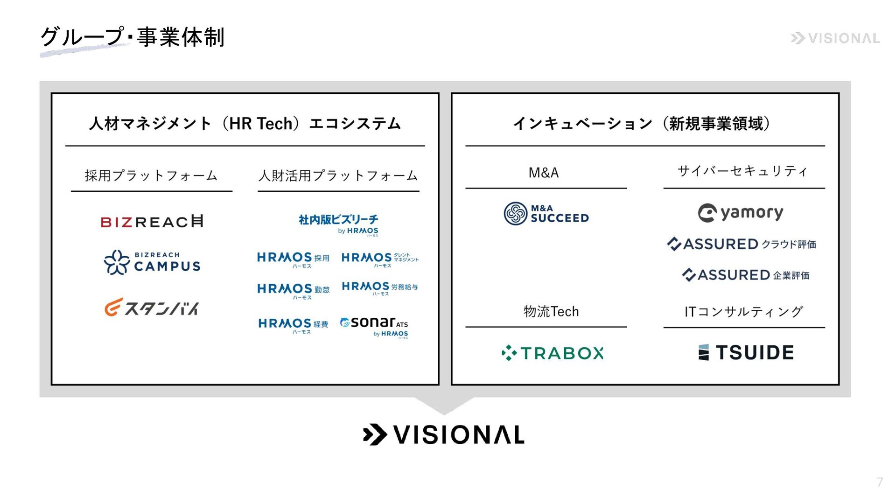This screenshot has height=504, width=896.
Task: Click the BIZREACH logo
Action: coord(152,221)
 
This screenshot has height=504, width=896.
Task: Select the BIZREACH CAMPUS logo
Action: coord(152,262)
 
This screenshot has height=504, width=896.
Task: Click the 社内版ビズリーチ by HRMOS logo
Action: coord(338,224)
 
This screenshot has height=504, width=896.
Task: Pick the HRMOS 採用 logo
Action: coord(293,259)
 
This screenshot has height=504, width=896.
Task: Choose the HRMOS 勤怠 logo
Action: coord(294,291)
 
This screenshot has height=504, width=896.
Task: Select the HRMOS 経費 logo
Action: coord(293,325)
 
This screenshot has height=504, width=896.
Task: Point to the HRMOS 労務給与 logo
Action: coord(380,288)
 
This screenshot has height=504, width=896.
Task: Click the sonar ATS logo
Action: coord(374,326)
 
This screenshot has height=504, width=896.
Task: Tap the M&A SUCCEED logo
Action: coord(546,214)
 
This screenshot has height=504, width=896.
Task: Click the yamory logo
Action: coord(741,213)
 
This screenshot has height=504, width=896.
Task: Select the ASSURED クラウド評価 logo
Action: coord(742,244)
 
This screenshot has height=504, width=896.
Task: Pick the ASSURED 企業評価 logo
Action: coord(745,275)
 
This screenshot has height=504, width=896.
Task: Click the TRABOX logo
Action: coord(552,353)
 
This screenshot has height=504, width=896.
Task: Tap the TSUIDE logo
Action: coord(746,353)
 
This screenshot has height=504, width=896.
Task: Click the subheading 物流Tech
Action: coord(551,311)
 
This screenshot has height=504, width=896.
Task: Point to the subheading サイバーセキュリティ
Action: coord(742,171)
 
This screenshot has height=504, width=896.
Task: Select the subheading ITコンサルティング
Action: coord(743,311)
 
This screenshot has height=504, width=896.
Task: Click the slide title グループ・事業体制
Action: coord(133,37)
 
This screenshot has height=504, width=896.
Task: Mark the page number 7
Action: coord(880,482)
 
